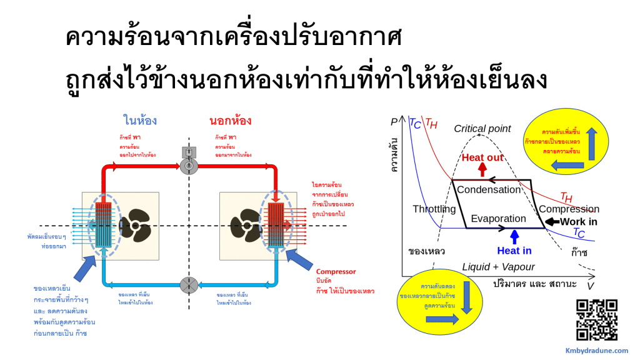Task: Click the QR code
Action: click(596, 319)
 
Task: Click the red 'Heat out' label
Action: click(482, 157)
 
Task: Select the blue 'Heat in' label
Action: click(514, 251)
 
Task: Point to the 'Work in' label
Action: click(578, 221)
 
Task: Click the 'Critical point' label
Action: click(482, 129)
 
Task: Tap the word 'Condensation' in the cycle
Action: click(488, 189)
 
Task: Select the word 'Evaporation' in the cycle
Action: click(498, 219)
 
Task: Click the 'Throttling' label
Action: click(434, 209)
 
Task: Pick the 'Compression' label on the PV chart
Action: click(569, 209)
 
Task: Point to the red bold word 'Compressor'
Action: click(336, 272)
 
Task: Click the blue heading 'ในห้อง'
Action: click(140, 121)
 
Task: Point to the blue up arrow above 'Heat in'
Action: click(514, 237)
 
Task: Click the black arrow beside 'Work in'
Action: click(551, 221)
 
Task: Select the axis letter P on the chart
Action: click(394, 122)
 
